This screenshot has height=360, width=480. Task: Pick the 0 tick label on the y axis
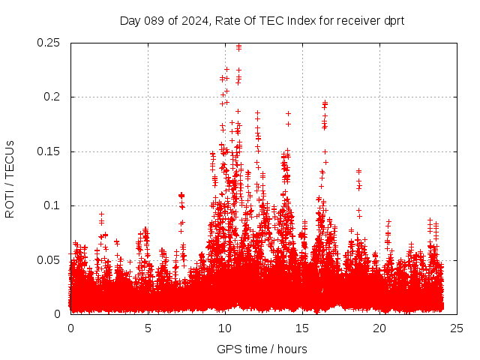58,314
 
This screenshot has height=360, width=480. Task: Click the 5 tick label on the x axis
148,328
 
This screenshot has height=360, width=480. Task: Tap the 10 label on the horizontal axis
225,328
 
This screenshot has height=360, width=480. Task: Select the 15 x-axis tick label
302,328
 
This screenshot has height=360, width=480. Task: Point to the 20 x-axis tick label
379,328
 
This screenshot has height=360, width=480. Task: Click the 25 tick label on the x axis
457,328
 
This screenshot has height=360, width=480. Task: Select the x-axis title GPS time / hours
262,349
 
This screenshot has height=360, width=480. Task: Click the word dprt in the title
394,21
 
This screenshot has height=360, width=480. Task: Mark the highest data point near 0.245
238,46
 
